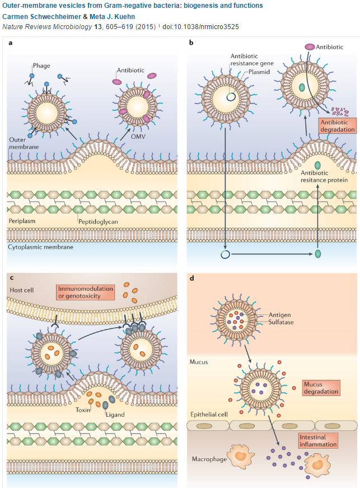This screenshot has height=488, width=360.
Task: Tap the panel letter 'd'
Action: (x=192, y=277)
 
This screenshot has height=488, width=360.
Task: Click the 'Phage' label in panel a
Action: (x=41, y=66)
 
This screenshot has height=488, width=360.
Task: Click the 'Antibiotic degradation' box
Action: (x=338, y=125)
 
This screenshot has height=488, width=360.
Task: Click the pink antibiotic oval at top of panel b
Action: (x=310, y=47)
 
